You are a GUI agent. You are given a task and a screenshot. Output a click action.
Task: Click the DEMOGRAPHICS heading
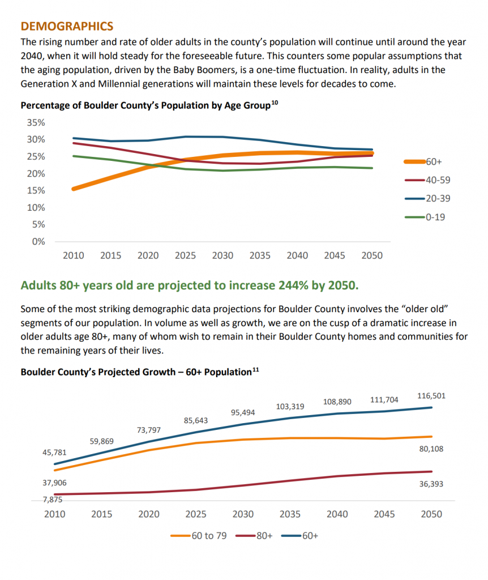click(x=67, y=26)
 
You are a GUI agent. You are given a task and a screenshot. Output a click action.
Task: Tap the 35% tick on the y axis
click(x=36, y=122)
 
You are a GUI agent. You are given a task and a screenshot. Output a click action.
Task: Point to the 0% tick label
click(x=38, y=241)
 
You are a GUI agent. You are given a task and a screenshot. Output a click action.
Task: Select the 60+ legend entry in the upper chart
click(x=423, y=161)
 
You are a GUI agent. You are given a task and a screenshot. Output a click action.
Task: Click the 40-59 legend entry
click(x=428, y=180)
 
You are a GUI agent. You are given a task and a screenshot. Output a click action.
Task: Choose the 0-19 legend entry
click(x=425, y=217)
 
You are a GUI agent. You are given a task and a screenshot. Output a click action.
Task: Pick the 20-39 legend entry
click(x=428, y=199)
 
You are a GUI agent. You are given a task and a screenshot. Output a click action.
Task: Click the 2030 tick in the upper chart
click(x=222, y=255)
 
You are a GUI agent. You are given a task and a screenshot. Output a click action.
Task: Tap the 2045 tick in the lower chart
click(x=384, y=514)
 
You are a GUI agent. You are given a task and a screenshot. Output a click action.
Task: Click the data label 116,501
click(x=431, y=396)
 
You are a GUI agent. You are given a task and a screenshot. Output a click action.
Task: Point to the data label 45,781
click(x=54, y=453)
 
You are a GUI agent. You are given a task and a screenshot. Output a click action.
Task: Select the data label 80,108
click(x=431, y=449)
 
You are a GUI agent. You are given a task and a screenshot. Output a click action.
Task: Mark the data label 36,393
click(x=431, y=484)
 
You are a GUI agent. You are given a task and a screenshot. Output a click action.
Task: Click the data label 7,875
click(x=53, y=500)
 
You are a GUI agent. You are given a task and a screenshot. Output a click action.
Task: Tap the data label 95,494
click(x=243, y=412)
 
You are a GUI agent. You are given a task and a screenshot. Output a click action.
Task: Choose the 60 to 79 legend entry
click(x=199, y=536)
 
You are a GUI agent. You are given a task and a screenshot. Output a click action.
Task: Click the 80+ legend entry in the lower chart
click(x=254, y=536)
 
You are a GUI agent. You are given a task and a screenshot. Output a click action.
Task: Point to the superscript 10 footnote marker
click(x=275, y=103)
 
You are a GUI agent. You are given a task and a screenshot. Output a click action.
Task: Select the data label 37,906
click(x=54, y=483)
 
